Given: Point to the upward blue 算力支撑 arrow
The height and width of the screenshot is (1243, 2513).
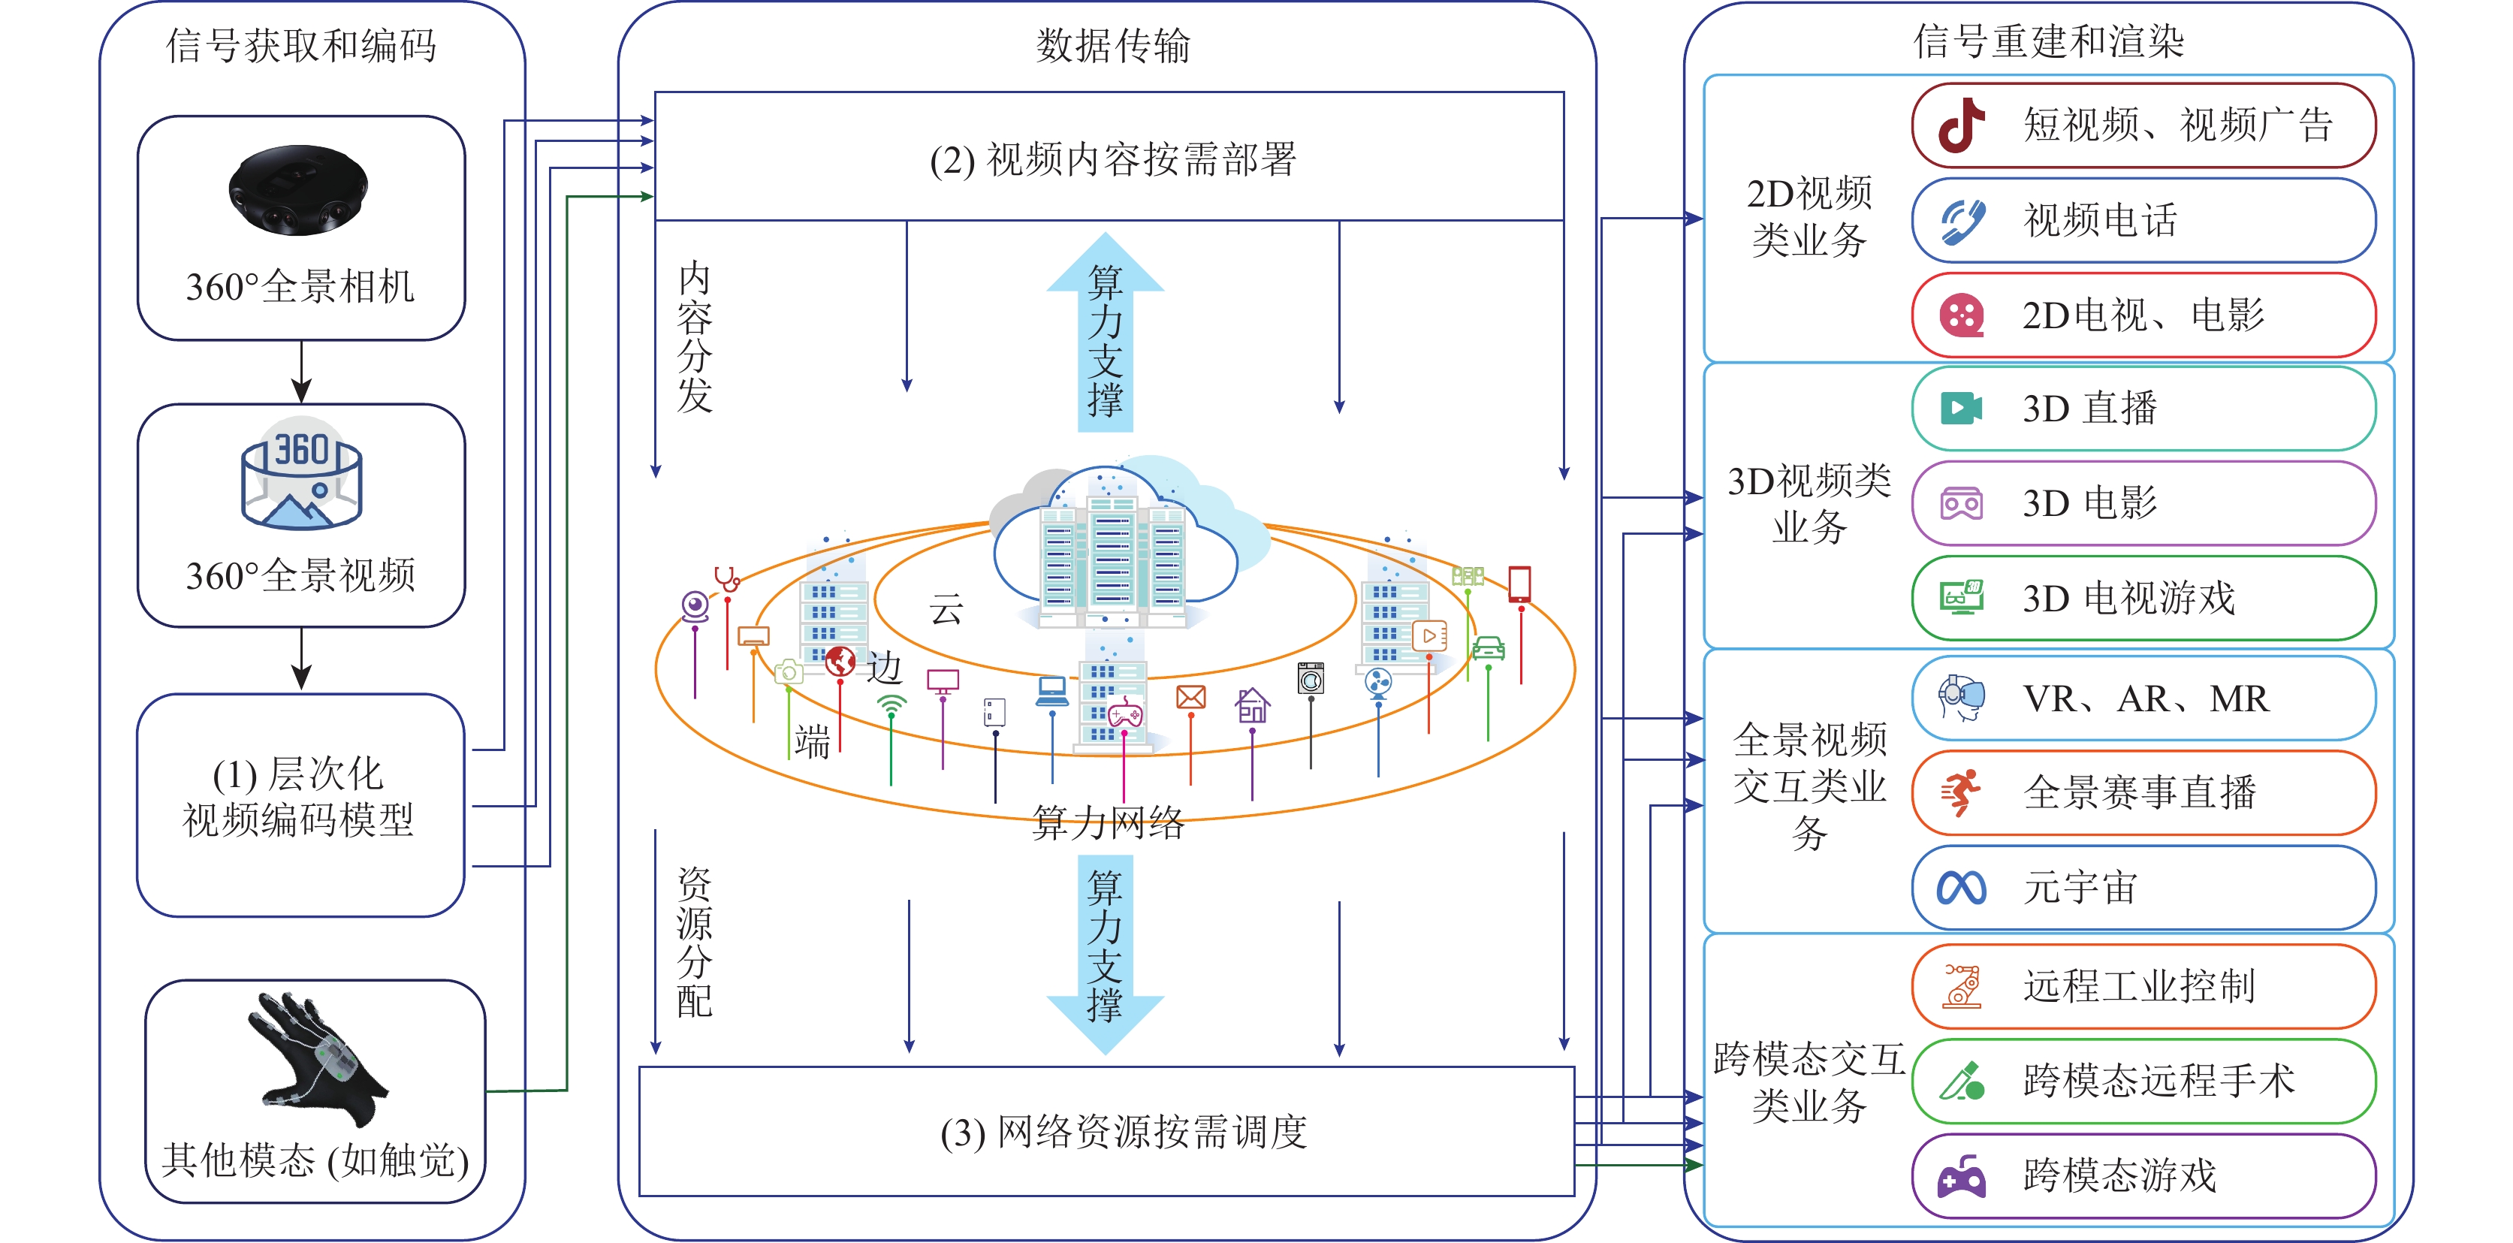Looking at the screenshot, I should pyautogui.click(x=1106, y=332).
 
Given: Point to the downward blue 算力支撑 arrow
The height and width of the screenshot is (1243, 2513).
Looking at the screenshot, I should pyautogui.click(x=1106, y=952).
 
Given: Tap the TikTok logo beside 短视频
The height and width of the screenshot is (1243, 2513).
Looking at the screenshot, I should pyautogui.click(x=1961, y=125).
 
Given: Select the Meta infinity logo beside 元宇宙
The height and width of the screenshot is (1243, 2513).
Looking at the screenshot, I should pyautogui.click(x=1961, y=888).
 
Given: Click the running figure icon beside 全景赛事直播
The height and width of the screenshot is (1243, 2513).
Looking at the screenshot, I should pyautogui.click(x=1961, y=792).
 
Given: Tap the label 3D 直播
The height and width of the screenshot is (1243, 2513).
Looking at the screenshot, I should pyautogui.click(x=2089, y=409).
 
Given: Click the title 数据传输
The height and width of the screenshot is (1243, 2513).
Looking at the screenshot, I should pyautogui.click(x=1112, y=46).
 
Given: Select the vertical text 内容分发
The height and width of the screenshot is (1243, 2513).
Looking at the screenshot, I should pyautogui.click(x=695, y=336).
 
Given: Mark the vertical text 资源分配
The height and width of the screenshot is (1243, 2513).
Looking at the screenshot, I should pyautogui.click(x=695, y=943).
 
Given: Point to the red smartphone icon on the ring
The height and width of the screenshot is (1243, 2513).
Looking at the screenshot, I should pyautogui.click(x=1519, y=584).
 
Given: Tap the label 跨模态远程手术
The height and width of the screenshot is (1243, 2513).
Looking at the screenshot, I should pyautogui.click(x=2158, y=1081).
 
